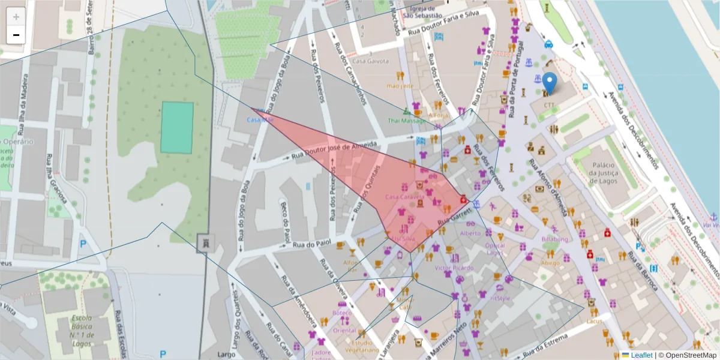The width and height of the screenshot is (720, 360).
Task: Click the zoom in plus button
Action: pyautogui.click(x=16, y=17)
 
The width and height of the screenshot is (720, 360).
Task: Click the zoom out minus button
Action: pyautogui.click(x=16, y=35)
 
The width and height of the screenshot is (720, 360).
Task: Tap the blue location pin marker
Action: pyautogui.click(x=550, y=84)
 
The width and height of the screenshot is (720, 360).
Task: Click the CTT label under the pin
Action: pyautogui.click(x=550, y=105)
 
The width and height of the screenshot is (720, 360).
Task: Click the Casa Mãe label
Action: pyautogui.click(x=260, y=120)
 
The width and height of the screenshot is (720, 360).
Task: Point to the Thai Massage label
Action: pyautogui.click(x=407, y=121)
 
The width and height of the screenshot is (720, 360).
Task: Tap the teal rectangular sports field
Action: pyautogui.click(x=177, y=127)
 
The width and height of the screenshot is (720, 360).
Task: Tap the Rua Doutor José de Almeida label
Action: pyautogui.click(x=334, y=150)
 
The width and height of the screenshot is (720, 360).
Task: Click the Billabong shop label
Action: pyautogui.click(x=554, y=239)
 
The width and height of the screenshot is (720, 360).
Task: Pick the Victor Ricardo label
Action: pyautogui.click(x=454, y=268)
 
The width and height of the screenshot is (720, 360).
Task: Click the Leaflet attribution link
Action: pyautogui.click(x=641, y=355)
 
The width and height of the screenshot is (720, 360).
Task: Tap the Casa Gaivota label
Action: pyautogui.click(x=370, y=61)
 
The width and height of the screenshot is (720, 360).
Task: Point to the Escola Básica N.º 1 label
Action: pyautogui.click(x=81, y=330)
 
